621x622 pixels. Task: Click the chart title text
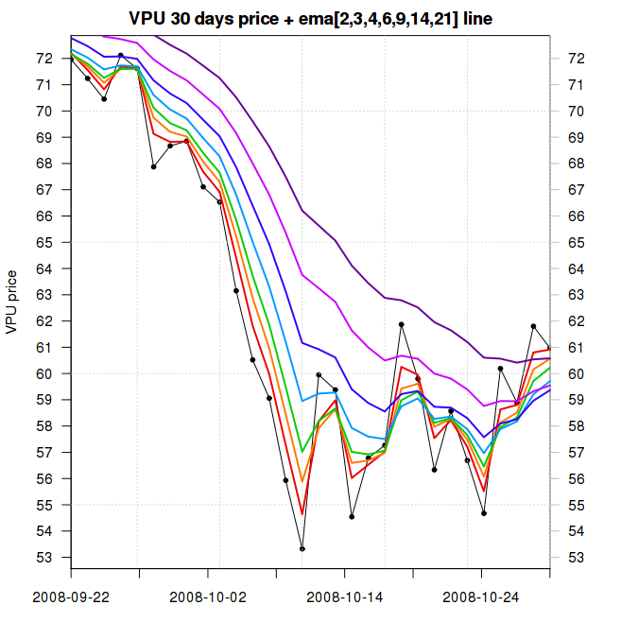pyautogui.click(x=310, y=18)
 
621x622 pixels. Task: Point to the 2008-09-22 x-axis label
pyautogui.click(x=71, y=597)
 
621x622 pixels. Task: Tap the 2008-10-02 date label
pyautogui.click(x=208, y=597)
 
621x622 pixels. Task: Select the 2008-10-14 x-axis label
pyautogui.click(x=345, y=597)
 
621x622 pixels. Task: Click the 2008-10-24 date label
pyautogui.click(x=482, y=597)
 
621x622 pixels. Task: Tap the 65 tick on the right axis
pyautogui.click(x=576, y=242)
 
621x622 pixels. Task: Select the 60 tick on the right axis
pyautogui.click(x=576, y=373)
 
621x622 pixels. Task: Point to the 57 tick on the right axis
pyautogui.click(x=576, y=453)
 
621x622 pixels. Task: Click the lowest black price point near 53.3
pyautogui.click(x=302, y=548)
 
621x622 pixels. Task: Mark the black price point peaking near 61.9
pyautogui.click(x=401, y=324)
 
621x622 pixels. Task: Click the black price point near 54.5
pyautogui.click(x=352, y=517)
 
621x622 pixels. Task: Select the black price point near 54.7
pyautogui.click(x=483, y=513)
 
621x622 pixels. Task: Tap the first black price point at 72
pyautogui.click(x=71, y=59)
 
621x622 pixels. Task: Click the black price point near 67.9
pyautogui.click(x=153, y=166)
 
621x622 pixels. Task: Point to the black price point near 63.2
pyautogui.click(x=236, y=290)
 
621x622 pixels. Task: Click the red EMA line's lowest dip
pyautogui.click(x=302, y=513)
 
